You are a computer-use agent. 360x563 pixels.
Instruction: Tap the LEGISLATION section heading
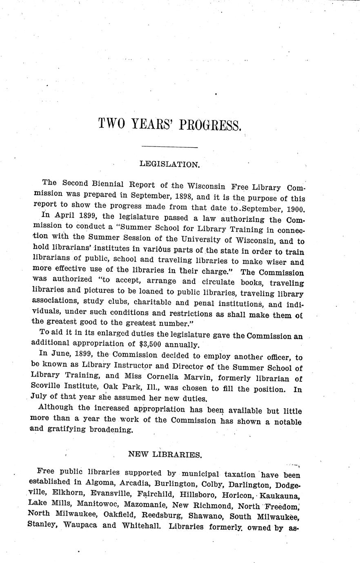169,164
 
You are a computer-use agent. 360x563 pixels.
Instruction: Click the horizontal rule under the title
169,147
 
